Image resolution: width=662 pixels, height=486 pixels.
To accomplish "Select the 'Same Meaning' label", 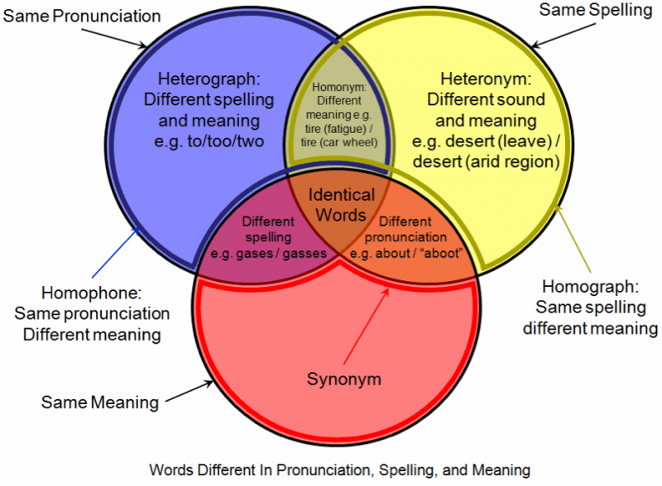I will click(99, 403).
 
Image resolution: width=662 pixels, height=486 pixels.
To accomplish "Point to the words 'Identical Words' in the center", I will click(342, 205).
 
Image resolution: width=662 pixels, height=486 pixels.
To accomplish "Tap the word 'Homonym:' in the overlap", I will click(338, 85).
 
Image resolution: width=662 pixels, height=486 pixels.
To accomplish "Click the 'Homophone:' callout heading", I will click(92, 294).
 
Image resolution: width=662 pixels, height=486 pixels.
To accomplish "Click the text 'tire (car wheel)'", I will click(338, 141).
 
